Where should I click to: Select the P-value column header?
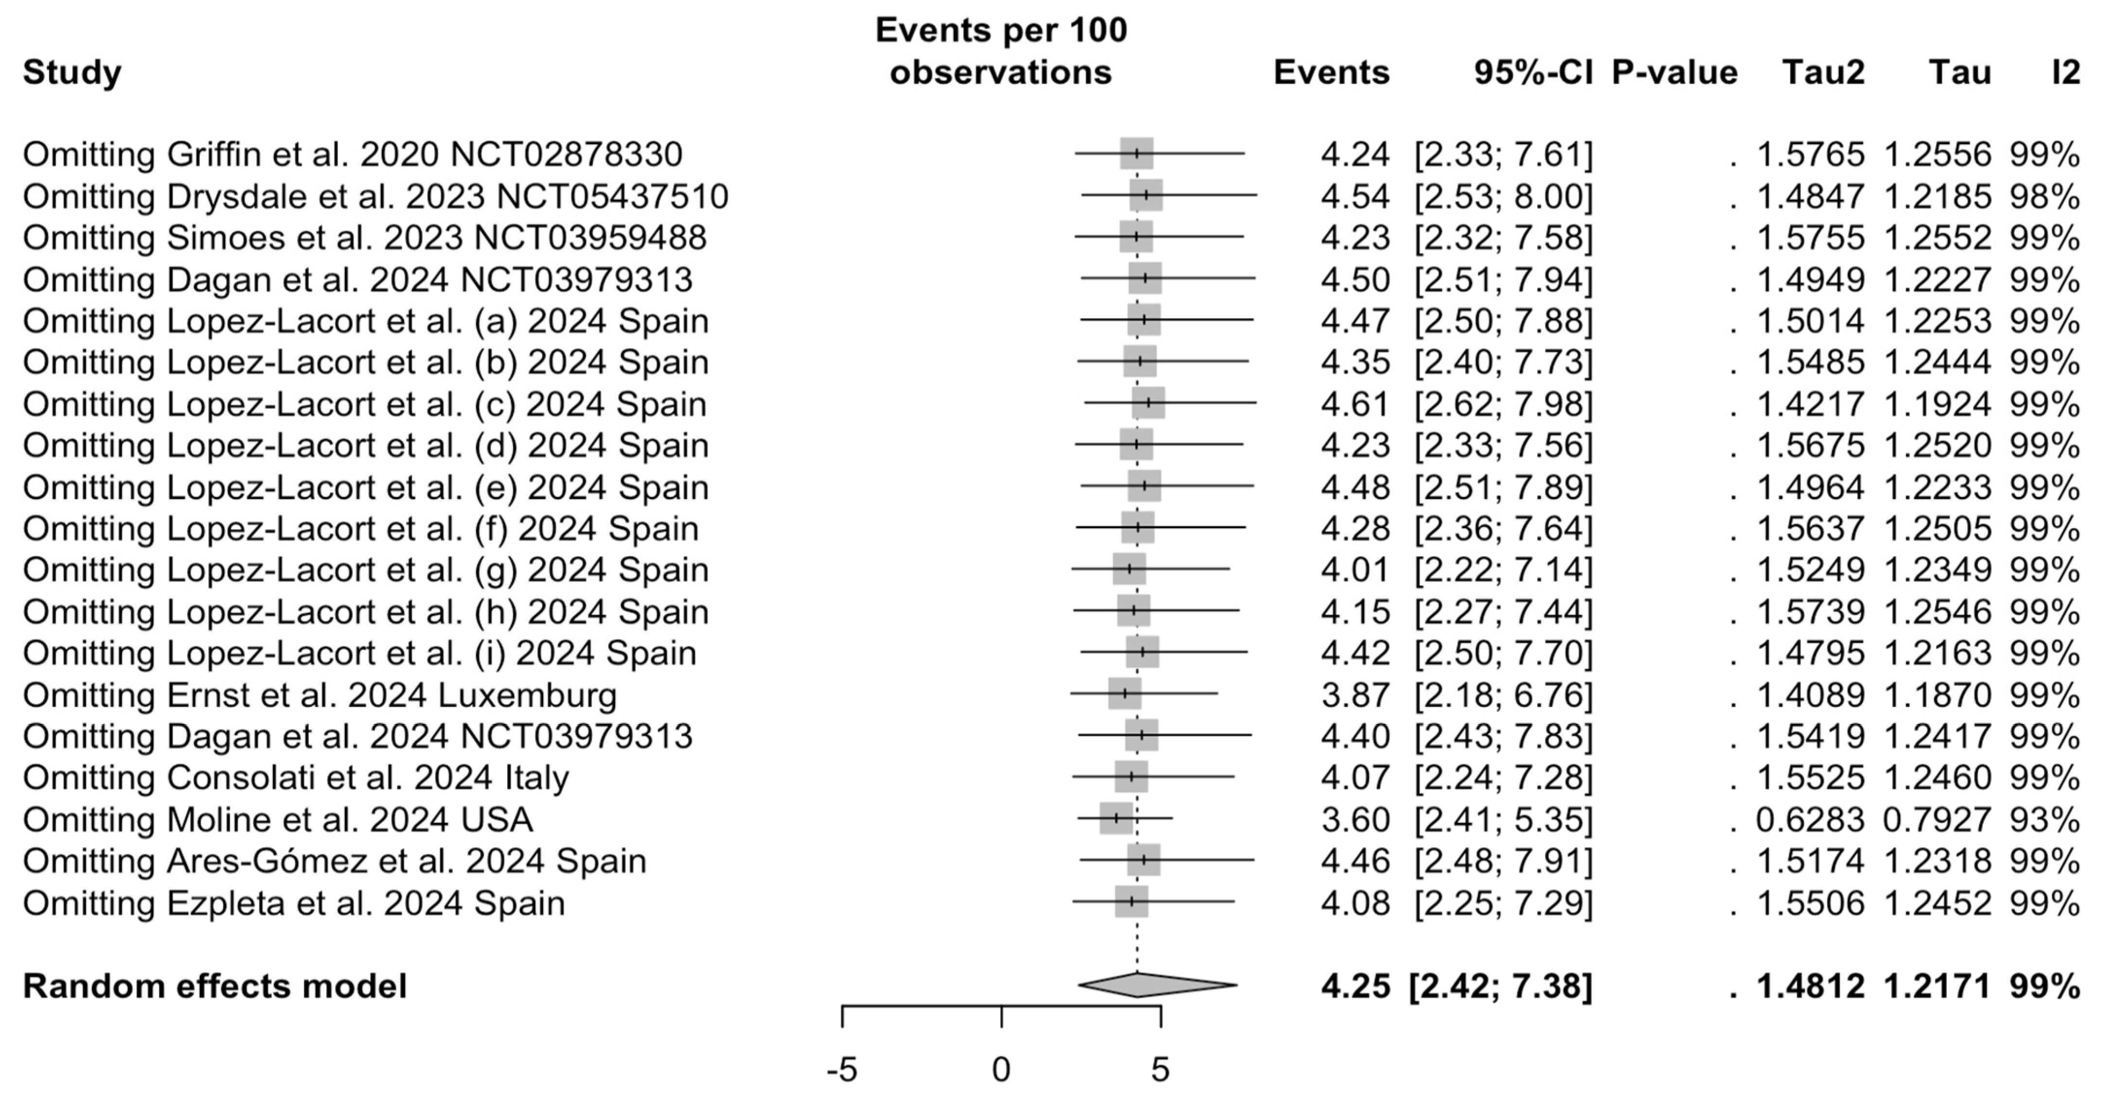coord(1675,72)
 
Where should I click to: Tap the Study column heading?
coord(72,72)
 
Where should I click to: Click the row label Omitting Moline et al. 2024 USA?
coord(277,819)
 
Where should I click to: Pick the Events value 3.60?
coord(1355,819)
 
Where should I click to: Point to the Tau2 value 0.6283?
coord(1810,819)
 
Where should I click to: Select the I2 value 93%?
coord(2044,819)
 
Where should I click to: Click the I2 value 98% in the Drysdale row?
coord(2044,196)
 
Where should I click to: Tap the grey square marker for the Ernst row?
coord(1125,694)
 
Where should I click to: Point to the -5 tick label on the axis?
coord(842,1070)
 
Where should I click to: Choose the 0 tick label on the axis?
coord(1001,1070)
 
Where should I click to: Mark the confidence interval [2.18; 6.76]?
coord(1502,695)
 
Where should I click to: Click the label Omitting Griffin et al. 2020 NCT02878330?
coord(353,154)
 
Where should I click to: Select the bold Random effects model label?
coord(214,986)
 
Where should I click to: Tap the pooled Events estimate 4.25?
coord(1355,986)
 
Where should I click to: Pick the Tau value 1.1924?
coord(1937,404)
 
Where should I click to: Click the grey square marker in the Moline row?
coord(1116,818)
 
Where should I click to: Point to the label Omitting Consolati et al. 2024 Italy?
coord(295,777)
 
